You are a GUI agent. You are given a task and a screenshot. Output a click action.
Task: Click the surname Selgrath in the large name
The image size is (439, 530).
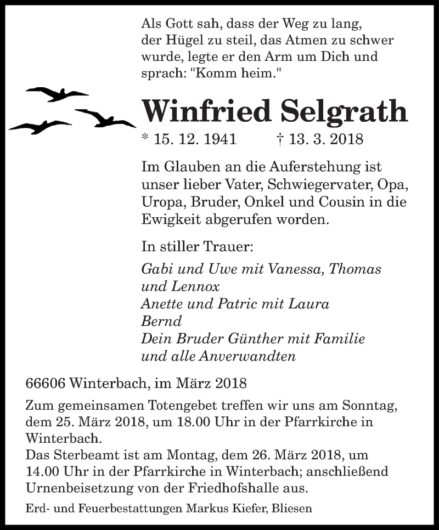[345, 111]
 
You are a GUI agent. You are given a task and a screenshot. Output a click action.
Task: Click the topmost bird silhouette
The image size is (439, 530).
[57, 94]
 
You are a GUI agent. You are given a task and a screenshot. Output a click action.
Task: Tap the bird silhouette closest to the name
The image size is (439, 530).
[104, 117]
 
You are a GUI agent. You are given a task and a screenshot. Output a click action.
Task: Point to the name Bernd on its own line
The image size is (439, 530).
[161, 320]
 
